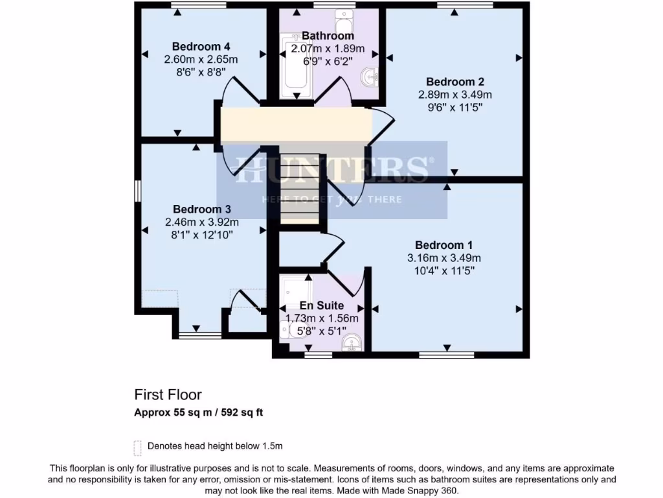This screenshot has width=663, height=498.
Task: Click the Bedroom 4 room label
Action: click(201, 47)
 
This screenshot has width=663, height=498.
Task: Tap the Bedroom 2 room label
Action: click(455, 82)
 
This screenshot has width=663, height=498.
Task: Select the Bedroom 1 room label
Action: click(444, 245)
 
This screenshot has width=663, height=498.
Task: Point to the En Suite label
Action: click(322, 305)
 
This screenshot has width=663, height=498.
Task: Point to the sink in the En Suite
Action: click(354, 342)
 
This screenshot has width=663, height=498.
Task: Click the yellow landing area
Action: click(295, 124)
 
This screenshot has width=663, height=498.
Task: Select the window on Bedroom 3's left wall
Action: click(137, 191)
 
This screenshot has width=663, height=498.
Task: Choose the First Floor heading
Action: click(168, 394)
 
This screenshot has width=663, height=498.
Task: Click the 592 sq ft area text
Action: click(241, 412)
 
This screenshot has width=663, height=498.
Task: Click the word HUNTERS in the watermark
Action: click(331, 170)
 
